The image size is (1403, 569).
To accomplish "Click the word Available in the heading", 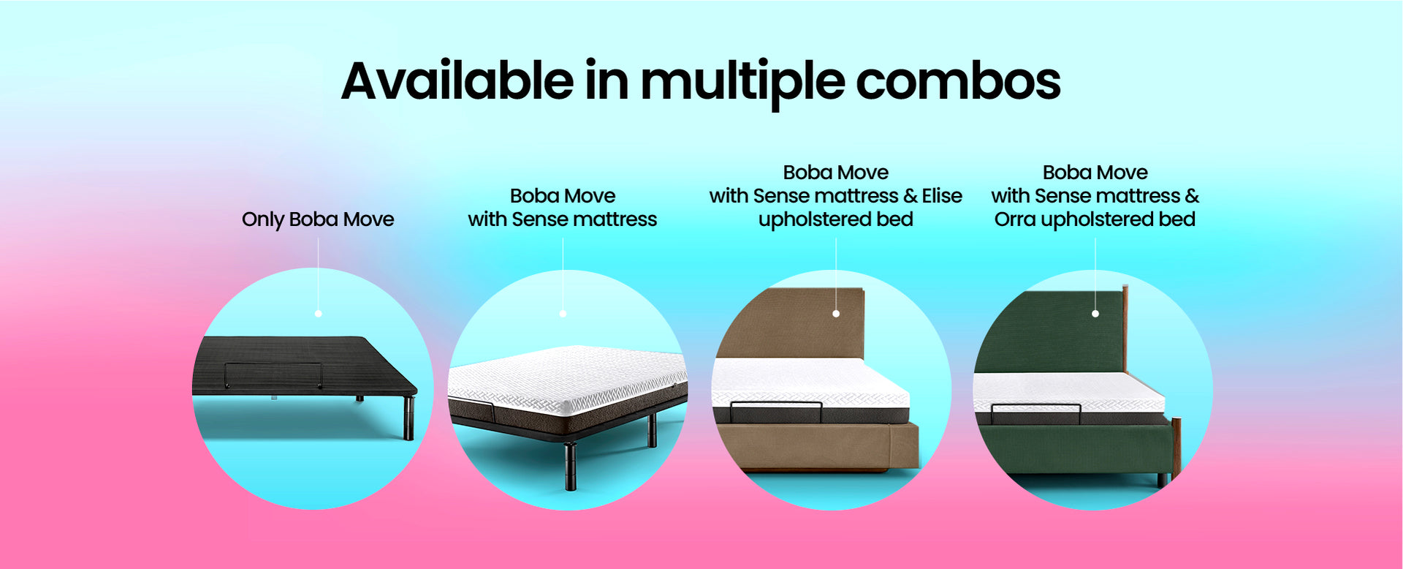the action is point(457,80).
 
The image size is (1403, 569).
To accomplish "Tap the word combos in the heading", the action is point(958,80).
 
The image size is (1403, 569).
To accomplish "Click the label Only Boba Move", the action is point(318,219).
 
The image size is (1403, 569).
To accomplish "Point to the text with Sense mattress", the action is point(562,219).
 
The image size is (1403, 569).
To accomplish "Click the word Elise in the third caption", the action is point(942,195).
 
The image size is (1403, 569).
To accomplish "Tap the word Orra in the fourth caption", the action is point(1015,219).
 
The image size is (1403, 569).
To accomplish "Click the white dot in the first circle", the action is point(318,314).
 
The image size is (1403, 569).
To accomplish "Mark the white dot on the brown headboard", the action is point(836,314).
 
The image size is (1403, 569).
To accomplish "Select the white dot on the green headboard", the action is point(1095,314).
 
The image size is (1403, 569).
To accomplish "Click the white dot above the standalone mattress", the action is point(563,314).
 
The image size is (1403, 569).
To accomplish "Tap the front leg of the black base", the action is point(409,418).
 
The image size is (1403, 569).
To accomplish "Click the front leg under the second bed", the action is point(570,466).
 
